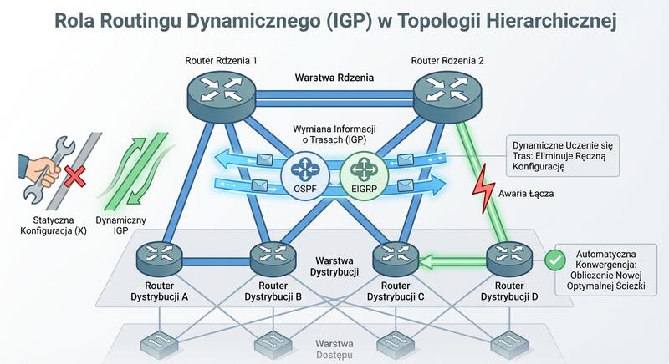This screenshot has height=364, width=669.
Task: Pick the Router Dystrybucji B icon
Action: (x=272, y=258)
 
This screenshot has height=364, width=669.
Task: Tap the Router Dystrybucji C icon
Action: (x=389, y=258)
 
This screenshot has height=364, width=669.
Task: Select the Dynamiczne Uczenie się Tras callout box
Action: (x=563, y=154)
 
